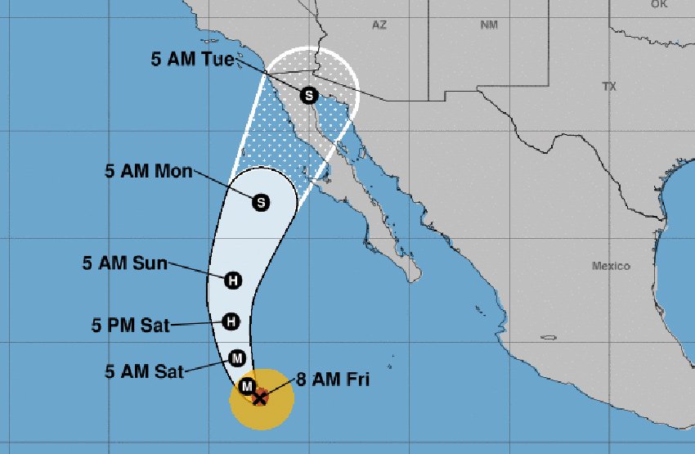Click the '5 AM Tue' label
pyautogui.click(x=192, y=59)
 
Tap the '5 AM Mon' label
pyautogui.click(x=149, y=172)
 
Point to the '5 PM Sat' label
pyautogui.click(x=131, y=326)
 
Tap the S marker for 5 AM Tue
pyautogui.click(x=309, y=95)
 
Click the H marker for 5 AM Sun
pyautogui.click(x=234, y=281)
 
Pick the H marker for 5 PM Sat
pyautogui.click(x=232, y=321)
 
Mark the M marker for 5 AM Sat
pyautogui.click(x=237, y=357)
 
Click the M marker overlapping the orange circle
pyautogui.click(x=246, y=385)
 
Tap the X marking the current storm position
pyautogui.click(x=260, y=398)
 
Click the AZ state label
pyautogui.click(x=379, y=25)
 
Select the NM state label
pyautogui.click(x=489, y=25)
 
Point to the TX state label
pyautogui.click(x=608, y=86)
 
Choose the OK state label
pyautogui.click(x=659, y=4)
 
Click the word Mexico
pyautogui.click(x=612, y=267)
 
